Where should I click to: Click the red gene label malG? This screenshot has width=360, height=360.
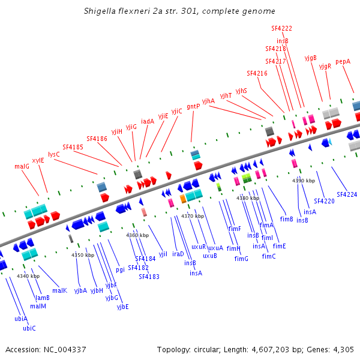pos(22,166)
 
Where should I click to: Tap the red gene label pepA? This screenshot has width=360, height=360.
pos(343,61)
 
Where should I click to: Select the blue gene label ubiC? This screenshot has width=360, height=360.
pos(29,328)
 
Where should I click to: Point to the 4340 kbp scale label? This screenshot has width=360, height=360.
pos(28,276)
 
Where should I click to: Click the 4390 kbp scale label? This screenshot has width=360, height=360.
pos(304,180)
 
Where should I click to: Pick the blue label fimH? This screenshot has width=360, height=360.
pos(233,248)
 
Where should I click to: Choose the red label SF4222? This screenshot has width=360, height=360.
pos(281,28)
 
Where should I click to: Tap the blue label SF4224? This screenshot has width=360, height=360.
pos(347,194)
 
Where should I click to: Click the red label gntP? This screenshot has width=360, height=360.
pos(193,106)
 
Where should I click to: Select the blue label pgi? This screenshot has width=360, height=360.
pos(121,270)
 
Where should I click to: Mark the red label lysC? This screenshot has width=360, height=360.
pos(54,154)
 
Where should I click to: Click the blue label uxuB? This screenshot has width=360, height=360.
pos(210,256)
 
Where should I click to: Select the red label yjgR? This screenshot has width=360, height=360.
pos(325,66)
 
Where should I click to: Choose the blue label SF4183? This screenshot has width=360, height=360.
pos(149,277)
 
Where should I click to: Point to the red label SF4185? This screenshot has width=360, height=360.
pos(73,146)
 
